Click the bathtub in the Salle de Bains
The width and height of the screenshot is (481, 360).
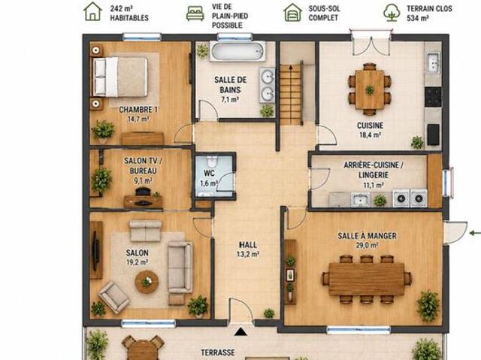[x=237, y=52]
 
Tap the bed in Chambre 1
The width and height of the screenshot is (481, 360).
[x=120, y=77]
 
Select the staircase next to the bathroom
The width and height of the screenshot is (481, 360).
[x=291, y=93]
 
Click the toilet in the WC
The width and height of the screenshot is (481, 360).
[x=212, y=162]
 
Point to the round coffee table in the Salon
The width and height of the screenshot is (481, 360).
[x=147, y=282]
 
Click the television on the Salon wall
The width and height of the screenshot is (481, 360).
[x=96, y=251]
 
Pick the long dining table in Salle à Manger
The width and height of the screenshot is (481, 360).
[x=366, y=279]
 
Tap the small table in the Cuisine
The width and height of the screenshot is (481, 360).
[x=370, y=89]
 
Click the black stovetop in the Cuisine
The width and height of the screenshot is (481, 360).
[x=433, y=97]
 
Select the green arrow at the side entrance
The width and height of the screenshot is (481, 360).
[x=475, y=233]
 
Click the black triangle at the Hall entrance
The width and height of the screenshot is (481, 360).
[x=240, y=331]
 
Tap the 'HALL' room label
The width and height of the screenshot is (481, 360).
[x=248, y=245]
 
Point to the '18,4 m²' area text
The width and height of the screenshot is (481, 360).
[x=371, y=135]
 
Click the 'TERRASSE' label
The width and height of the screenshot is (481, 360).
[x=218, y=352]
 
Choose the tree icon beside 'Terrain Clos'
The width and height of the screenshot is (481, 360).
[x=392, y=12]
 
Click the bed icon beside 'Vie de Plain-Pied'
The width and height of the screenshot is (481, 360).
[x=195, y=14]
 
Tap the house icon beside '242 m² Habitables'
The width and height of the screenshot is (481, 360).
[x=92, y=12]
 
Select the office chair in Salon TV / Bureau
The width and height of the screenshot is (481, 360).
[x=143, y=192]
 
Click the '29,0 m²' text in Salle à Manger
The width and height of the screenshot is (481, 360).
[x=367, y=245]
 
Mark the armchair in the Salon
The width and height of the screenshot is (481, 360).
[x=113, y=297]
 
